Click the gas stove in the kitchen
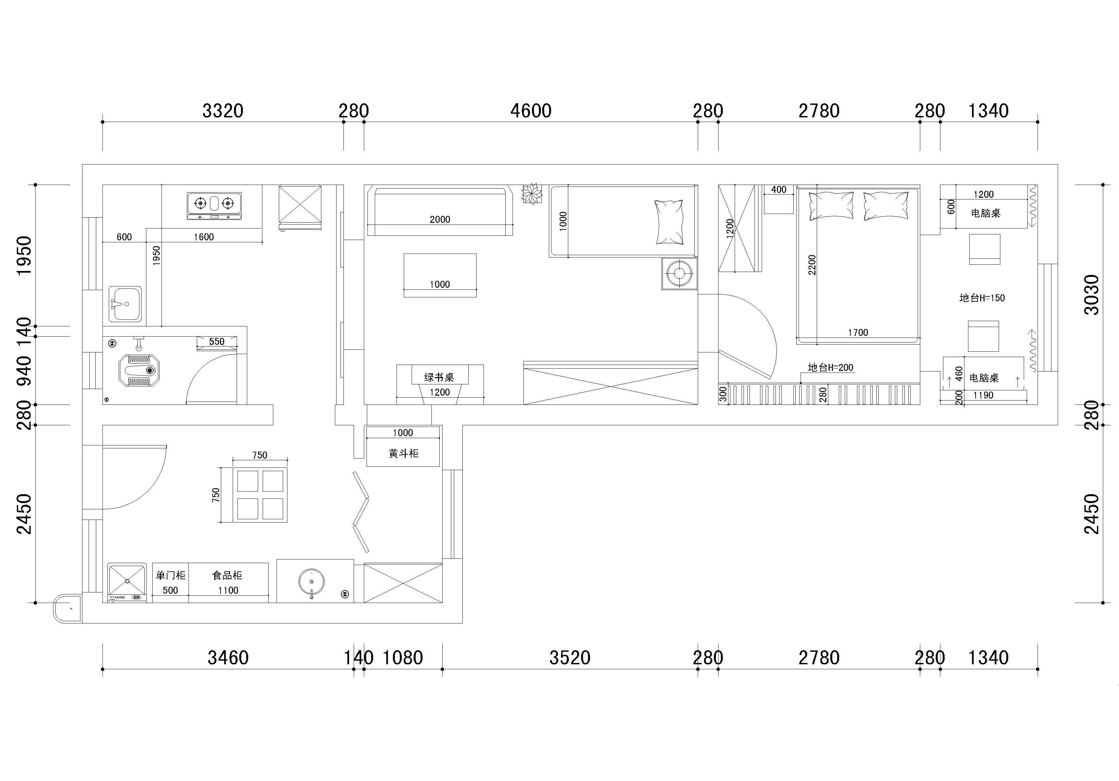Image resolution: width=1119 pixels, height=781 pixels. point(214,206)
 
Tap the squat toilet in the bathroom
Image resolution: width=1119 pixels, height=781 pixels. point(139,370)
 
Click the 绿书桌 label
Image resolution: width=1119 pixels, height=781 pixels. point(439,377)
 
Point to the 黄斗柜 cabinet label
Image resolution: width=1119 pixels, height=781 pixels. point(403,453)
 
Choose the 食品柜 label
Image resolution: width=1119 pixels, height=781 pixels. point(227,575)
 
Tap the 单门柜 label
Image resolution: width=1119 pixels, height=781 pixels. point(171,575)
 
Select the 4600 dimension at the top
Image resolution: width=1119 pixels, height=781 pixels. point(531,111)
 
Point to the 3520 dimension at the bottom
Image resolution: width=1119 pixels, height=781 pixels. point(570,658)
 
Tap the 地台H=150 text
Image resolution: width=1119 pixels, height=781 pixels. point(982,298)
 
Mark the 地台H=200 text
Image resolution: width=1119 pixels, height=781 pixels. point(831,368)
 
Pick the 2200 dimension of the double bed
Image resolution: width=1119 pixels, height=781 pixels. point(811,265)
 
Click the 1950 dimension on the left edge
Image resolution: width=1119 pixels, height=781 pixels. point(24,255)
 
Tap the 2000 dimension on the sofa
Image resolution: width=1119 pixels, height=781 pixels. point(440,219)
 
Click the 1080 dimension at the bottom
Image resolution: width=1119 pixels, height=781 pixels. point(402,658)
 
